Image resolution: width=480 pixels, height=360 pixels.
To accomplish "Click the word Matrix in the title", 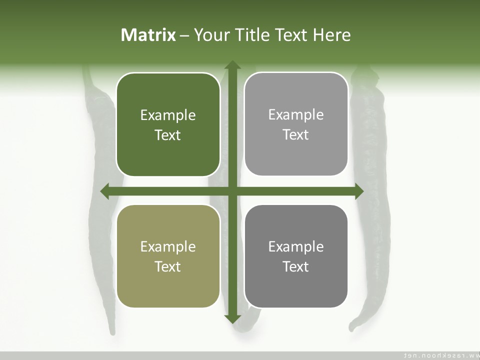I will pyautogui.click(x=148, y=35).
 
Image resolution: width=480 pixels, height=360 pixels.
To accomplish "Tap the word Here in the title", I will pyautogui.click(x=332, y=35).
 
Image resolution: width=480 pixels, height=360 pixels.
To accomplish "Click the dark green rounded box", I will pyautogui.click(x=168, y=124).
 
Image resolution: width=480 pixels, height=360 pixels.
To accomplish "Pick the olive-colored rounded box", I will pyautogui.click(x=168, y=256).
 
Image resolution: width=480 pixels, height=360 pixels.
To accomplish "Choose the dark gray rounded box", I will pyautogui.click(x=296, y=256).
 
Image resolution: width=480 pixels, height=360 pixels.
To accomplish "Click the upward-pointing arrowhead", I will pyautogui.click(x=232, y=65).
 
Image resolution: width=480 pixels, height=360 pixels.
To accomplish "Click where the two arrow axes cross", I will pyautogui.click(x=232, y=191).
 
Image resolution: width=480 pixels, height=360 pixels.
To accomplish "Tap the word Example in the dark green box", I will pyautogui.click(x=168, y=115).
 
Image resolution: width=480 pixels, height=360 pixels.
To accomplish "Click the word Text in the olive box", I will pyautogui.click(x=167, y=266).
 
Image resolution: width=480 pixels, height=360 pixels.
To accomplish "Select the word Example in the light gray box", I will pyautogui.click(x=296, y=115).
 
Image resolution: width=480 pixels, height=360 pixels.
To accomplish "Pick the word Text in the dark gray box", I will pyautogui.click(x=295, y=266).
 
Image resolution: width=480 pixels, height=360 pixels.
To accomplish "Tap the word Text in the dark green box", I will pyautogui.click(x=167, y=135).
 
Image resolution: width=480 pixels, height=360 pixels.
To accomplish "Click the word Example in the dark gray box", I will pyautogui.click(x=296, y=246).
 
